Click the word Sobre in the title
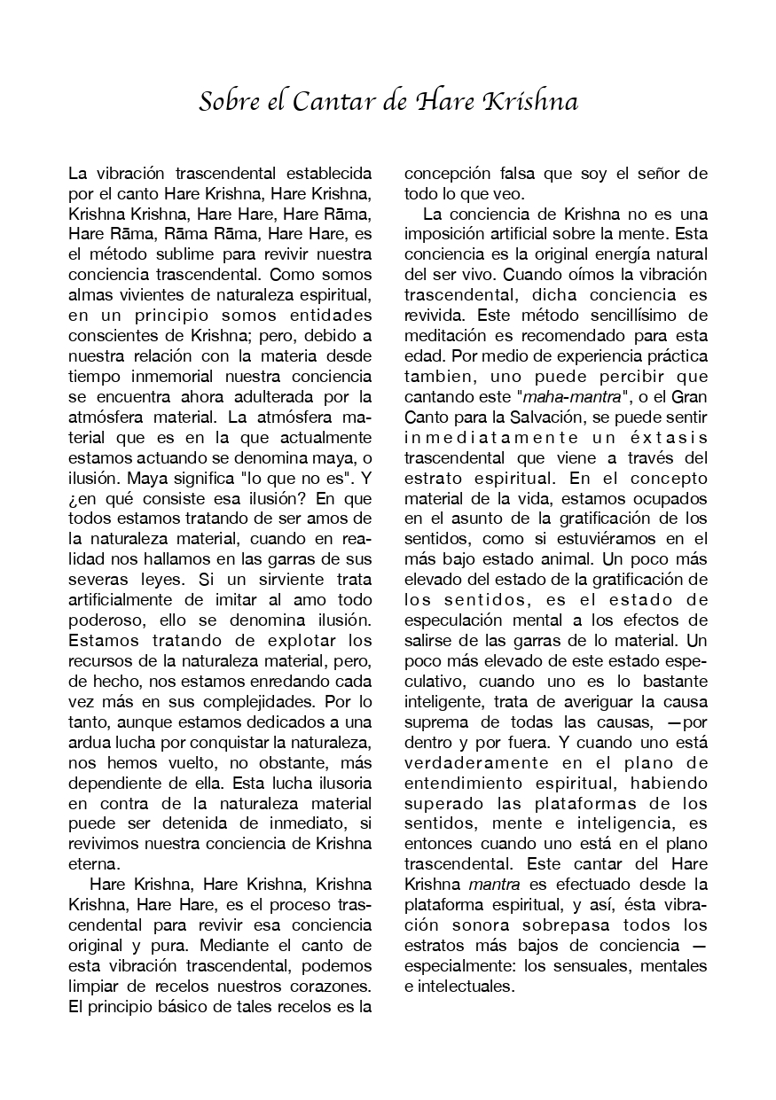coord(224,103)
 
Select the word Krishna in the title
coord(530,103)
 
